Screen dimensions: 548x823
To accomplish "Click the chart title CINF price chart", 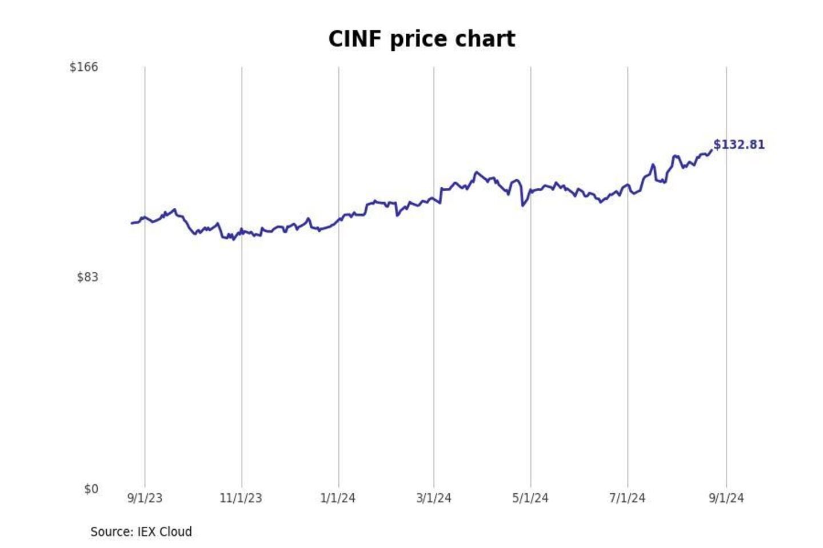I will [x=422, y=39].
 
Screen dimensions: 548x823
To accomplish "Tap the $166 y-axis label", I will [x=83, y=67].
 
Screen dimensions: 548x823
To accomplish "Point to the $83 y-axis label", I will [x=87, y=277].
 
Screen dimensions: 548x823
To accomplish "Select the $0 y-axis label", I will [x=91, y=489].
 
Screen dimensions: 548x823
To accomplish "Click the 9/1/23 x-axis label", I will [x=145, y=498].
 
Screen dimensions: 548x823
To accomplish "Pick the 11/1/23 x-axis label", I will [x=241, y=498].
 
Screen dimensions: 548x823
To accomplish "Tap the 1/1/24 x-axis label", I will [x=338, y=498].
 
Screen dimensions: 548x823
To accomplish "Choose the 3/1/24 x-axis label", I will [x=434, y=498].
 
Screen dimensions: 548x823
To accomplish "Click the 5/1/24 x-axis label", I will [x=530, y=498].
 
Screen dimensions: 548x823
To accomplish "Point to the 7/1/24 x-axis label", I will [x=627, y=498].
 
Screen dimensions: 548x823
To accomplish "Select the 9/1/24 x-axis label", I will [x=726, y=498].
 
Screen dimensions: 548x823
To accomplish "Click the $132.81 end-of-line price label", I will [x=739, y=144].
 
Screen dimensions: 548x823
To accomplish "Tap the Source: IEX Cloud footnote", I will [x=141, y=531].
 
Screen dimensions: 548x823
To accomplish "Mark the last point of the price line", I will [x=712, y=150].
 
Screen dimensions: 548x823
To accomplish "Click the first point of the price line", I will [x=131, y=223].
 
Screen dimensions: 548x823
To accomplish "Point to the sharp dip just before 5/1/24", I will [x=523, y=205].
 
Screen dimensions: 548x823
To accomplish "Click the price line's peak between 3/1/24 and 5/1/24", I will [x=476, y=172].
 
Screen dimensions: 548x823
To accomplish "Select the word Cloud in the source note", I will [x=175, y=531].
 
